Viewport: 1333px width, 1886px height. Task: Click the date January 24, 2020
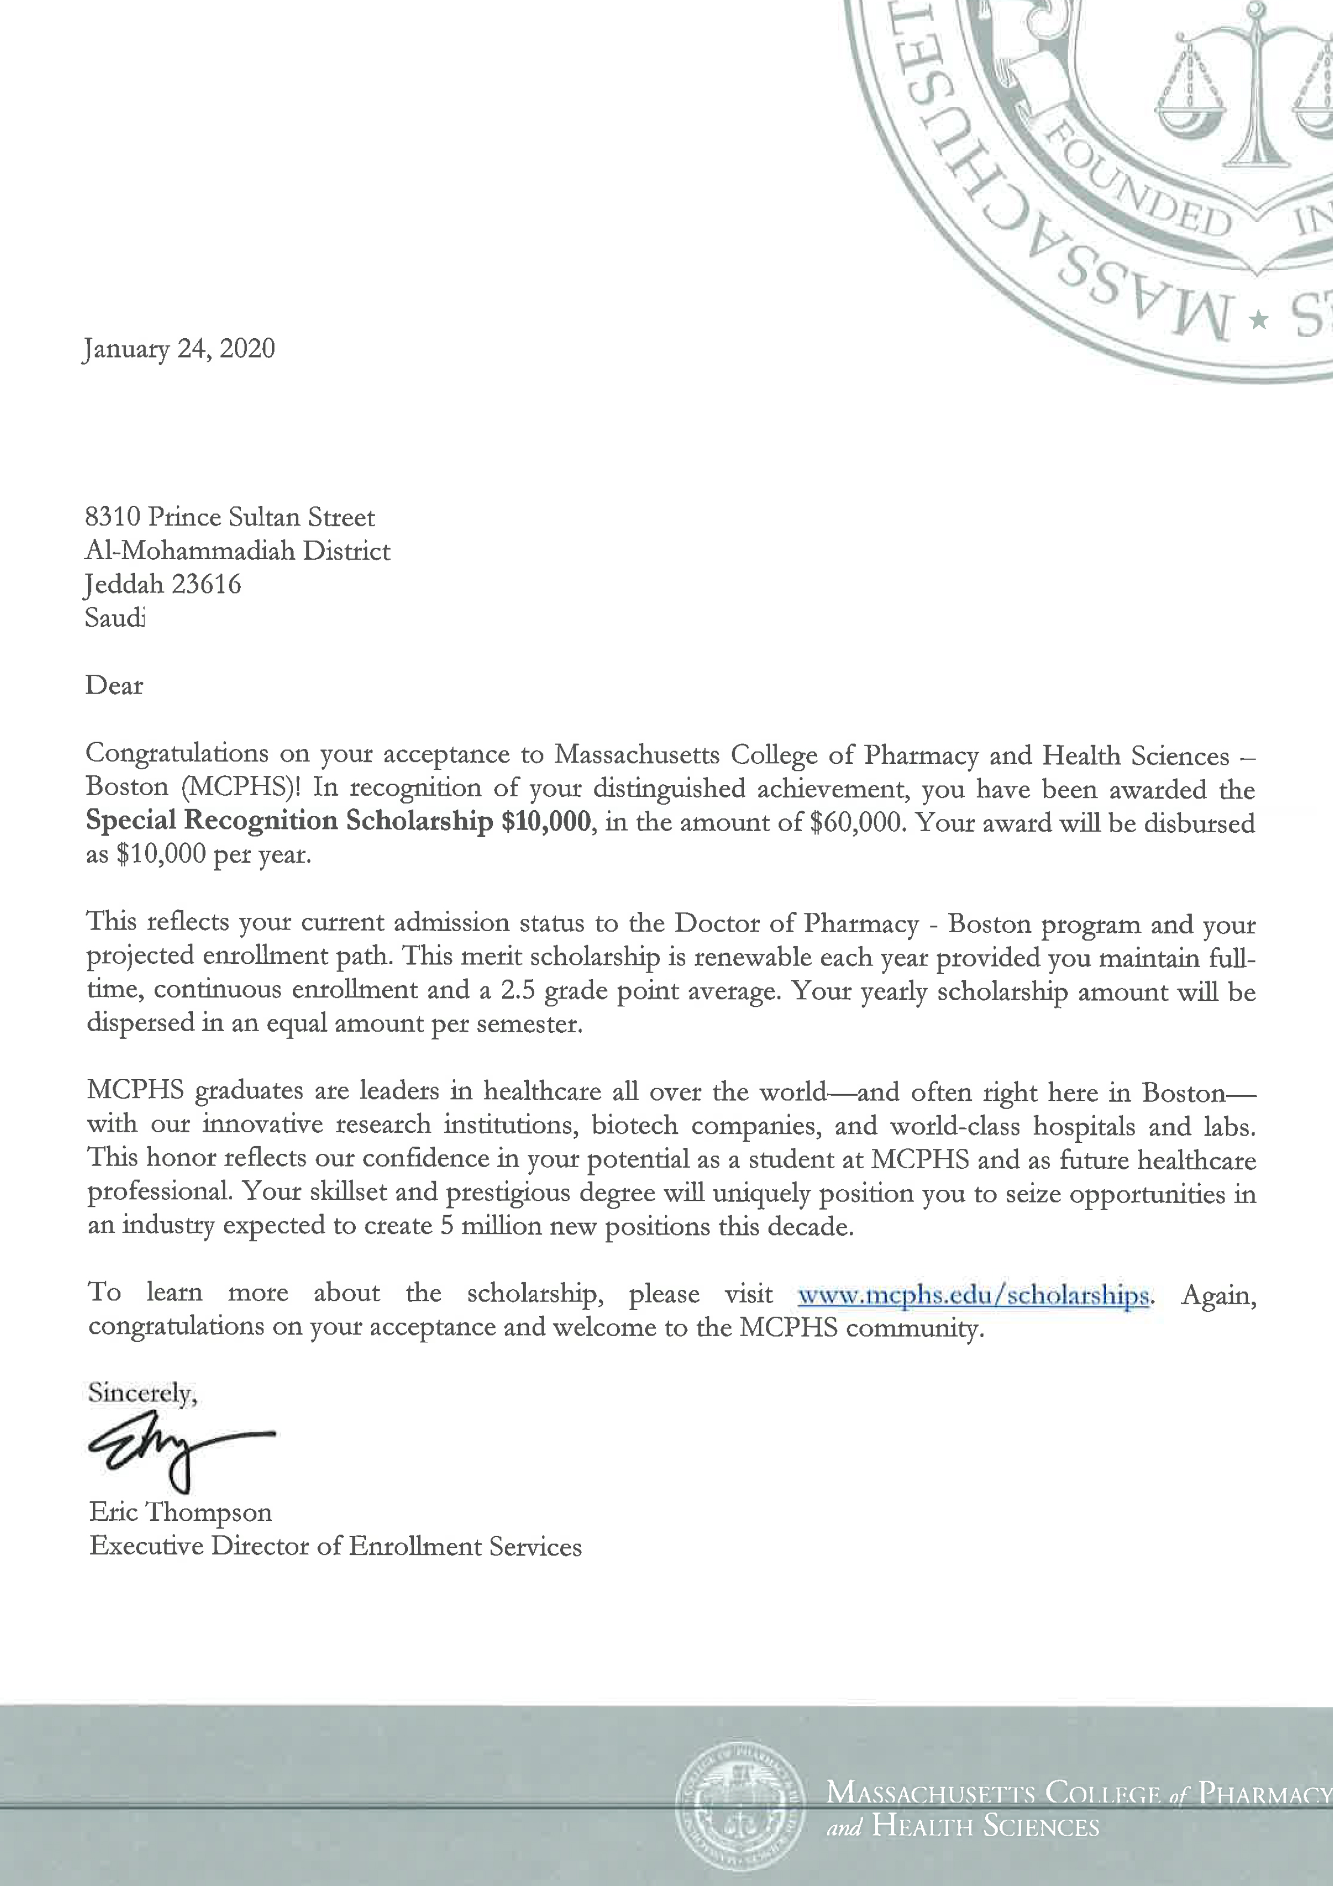[x=179, y=349]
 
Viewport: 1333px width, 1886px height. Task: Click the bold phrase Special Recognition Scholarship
[x=290, y=820]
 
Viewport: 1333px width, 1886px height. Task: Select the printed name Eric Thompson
[x=181, y=1512]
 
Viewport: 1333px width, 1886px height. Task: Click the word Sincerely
[x=141, y=1392]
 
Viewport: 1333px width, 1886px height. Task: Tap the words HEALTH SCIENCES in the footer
[x=986, y=1848]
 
